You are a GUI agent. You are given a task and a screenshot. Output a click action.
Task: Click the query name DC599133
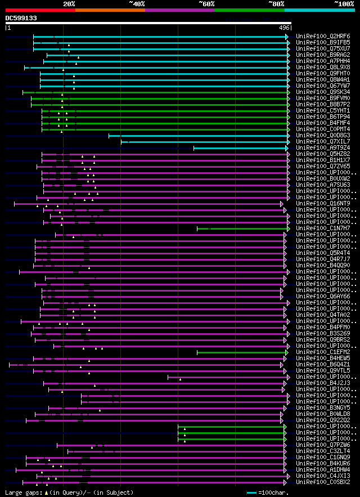(x=21, y=18)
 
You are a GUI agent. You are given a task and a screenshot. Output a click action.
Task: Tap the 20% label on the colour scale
(x=69, y=3)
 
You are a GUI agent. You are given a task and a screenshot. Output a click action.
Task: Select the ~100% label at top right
(x=344, y=3)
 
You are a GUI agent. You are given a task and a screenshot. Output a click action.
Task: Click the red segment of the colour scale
(x=40, y=10)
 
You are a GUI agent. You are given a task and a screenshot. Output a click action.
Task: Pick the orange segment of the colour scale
(x=110, y=10)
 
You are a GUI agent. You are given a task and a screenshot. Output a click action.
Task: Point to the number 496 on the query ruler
(x=284, y=28)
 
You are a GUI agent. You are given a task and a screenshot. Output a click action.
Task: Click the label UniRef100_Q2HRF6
(x=324, y=37)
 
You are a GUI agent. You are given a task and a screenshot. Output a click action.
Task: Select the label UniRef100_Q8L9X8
(x=324, y=68)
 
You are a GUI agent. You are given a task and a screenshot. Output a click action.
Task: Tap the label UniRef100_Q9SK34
(x=324, y=92)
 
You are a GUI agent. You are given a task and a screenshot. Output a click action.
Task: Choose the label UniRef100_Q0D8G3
(x=324, y=136)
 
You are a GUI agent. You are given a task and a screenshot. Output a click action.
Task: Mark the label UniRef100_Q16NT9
(x=324, y=204)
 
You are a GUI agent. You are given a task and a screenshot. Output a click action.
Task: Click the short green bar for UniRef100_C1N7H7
(x=242, y=229)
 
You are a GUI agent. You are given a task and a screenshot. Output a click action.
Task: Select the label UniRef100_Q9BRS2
(x=324, y=340)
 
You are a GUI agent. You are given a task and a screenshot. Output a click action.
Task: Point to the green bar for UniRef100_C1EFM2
(x=242, y=352)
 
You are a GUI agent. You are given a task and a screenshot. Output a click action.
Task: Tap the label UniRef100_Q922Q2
(x=324, y=420)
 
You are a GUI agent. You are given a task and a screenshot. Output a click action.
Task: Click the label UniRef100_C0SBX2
(x=324, y=482)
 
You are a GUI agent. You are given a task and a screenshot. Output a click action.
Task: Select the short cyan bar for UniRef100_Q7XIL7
(x=205, y=142)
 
